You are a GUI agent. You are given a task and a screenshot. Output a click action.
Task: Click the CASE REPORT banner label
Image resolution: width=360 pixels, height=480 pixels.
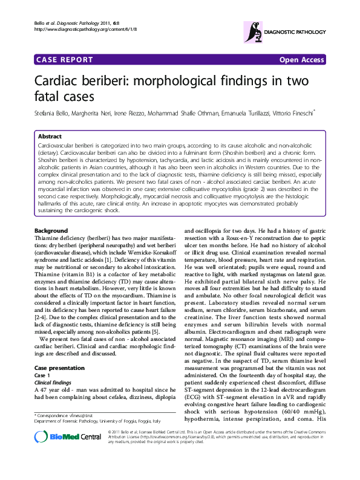pos(65,60)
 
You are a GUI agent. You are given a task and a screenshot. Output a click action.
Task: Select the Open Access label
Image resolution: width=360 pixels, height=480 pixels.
pos(301,60)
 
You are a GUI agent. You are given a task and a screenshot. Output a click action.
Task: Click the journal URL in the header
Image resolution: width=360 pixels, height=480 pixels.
pos(77,29)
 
